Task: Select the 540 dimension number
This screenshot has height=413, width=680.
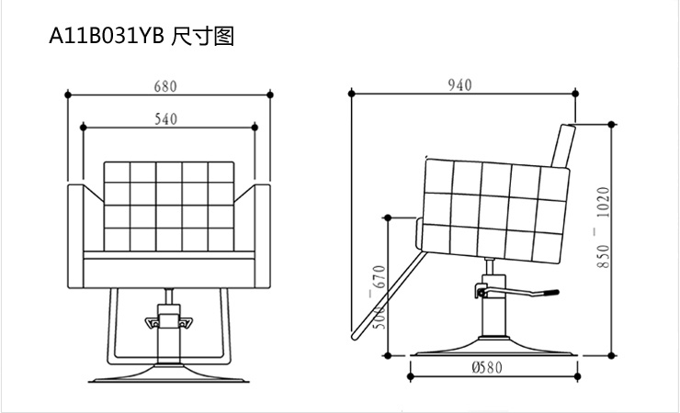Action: click(165, 118)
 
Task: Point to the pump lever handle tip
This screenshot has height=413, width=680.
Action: click(550, 294)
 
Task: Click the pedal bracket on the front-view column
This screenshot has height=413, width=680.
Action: click(167, 322)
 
